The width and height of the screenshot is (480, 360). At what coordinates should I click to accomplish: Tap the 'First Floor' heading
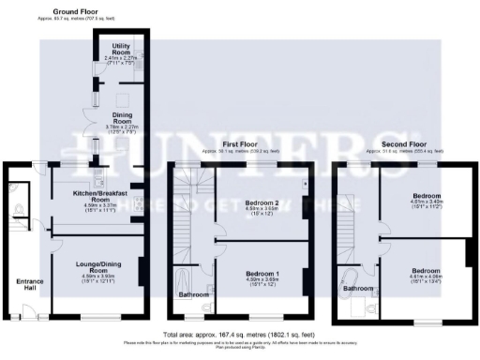pos(238,145)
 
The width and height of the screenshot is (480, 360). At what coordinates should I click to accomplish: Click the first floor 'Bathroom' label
pos(194,294)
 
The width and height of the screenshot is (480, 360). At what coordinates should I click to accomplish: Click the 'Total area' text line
pos(239,334)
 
